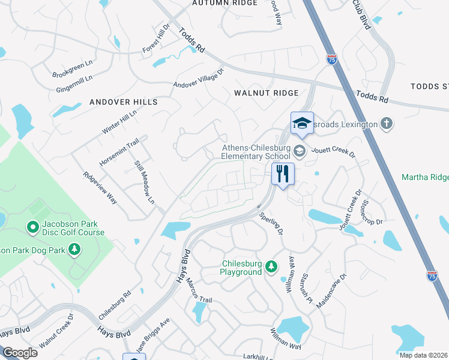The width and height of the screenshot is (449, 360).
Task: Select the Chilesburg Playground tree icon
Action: coord(272,265)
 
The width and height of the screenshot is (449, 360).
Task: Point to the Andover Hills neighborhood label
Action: coord(123,102)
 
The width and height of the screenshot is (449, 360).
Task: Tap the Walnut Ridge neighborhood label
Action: coord(266,93)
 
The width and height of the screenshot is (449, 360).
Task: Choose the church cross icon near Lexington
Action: coord(387,124)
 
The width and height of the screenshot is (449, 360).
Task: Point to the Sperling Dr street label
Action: coord(271,223)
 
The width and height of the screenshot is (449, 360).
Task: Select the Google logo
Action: coord(20,353)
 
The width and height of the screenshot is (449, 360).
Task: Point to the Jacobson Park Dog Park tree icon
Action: coord(74,248)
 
